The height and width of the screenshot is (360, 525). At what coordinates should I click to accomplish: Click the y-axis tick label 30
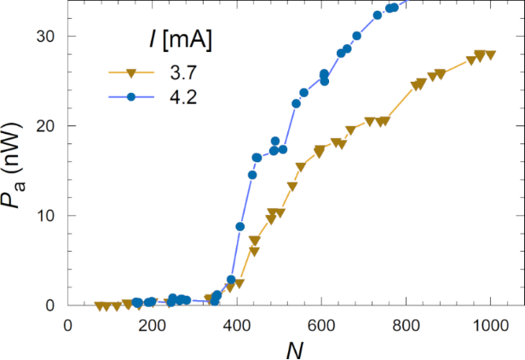(44, 37)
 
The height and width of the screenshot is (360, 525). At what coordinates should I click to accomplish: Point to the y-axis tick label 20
(44, 126)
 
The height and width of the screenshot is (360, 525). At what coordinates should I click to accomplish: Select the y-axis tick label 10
(44, 216)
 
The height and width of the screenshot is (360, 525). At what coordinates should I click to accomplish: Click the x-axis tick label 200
(152, 325)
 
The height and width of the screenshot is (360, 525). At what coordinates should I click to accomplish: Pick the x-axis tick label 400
(236, 325)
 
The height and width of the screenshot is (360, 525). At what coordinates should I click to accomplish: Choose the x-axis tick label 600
(320, 325)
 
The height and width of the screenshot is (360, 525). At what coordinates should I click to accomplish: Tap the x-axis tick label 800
(406, 325)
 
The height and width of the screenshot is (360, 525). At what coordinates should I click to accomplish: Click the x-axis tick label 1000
(490, 325)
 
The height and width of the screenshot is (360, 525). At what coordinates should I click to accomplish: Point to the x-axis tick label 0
(68, 325)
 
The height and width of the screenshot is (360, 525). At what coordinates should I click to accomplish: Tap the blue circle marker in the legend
(131, 97)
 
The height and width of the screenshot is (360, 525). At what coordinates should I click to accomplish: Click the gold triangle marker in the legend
(131, 73)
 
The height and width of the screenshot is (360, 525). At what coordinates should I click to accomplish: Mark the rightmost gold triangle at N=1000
(490, 55)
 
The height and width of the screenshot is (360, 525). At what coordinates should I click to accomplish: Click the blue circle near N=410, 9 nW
(240, 226)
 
